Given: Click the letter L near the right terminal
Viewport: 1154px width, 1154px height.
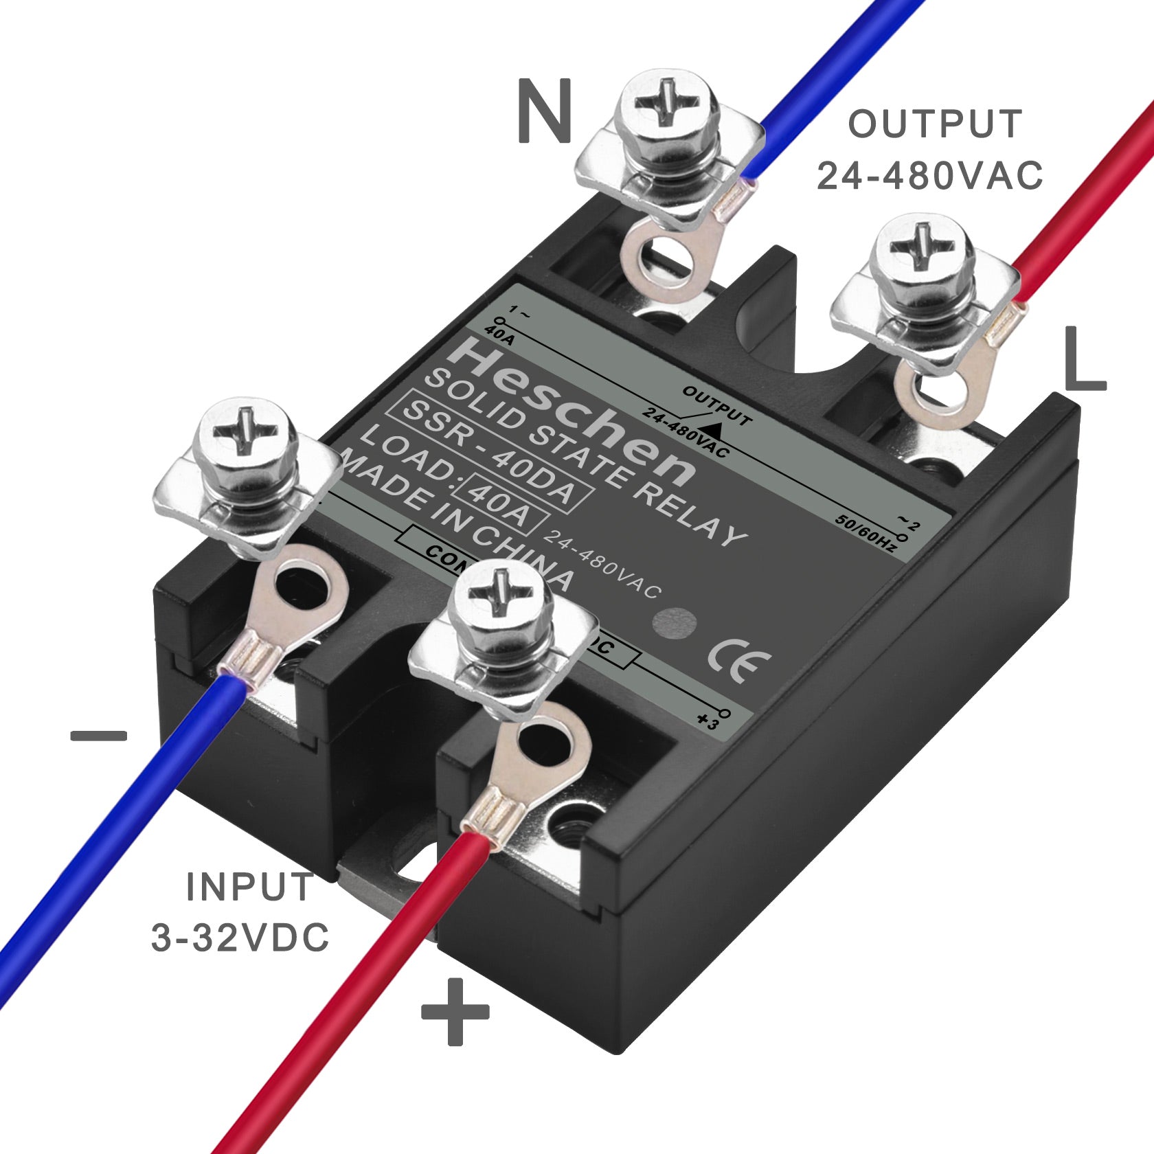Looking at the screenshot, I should [x=1083, y=359].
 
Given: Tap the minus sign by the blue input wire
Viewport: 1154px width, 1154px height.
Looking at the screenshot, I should [x=99, y=736].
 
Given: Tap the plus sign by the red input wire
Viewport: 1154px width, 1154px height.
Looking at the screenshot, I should [x=455, y=1012].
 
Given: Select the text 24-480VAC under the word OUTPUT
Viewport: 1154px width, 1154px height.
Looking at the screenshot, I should [x=929, y=175].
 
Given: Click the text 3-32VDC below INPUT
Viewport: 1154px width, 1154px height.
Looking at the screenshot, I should [x=240, y=938].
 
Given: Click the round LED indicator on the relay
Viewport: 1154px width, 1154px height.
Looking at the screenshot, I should [x=674, y=624].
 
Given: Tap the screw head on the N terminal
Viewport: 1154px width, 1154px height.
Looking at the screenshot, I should [x=667, y=102].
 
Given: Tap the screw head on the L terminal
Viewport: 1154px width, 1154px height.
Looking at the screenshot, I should [x=921, y=247].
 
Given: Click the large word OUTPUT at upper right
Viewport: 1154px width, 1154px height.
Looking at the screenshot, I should [x=935, y=124].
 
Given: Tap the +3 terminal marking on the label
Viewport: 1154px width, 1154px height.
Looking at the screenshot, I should [x=707, y=722].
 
